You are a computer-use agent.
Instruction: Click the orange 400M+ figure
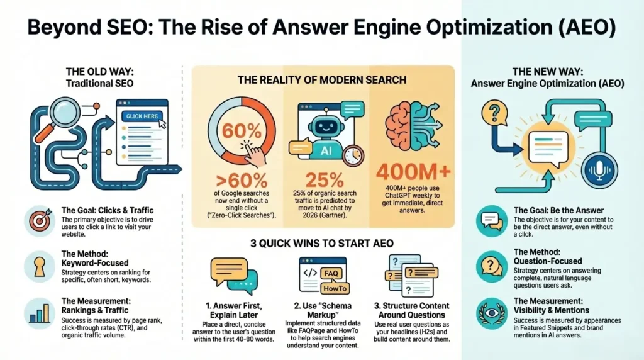click(x=414, y=171)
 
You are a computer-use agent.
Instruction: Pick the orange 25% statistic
click(x=325, y=177)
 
